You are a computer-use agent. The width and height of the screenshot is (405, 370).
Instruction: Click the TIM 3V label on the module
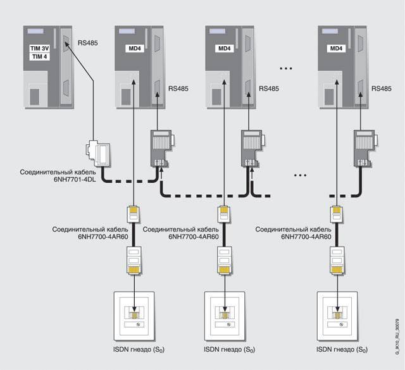(x=39, y=48)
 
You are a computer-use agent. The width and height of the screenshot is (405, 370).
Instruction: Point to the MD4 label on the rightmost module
(x=336, y=48)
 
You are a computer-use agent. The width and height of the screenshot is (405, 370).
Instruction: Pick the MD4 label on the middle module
(x=225, y=48)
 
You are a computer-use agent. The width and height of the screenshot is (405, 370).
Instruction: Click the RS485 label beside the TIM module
(x=87, y=44)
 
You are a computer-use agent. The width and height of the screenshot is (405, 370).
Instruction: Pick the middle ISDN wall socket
(x=224, y=314)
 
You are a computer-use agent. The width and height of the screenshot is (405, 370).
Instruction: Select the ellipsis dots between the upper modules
(x=283, y=67)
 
